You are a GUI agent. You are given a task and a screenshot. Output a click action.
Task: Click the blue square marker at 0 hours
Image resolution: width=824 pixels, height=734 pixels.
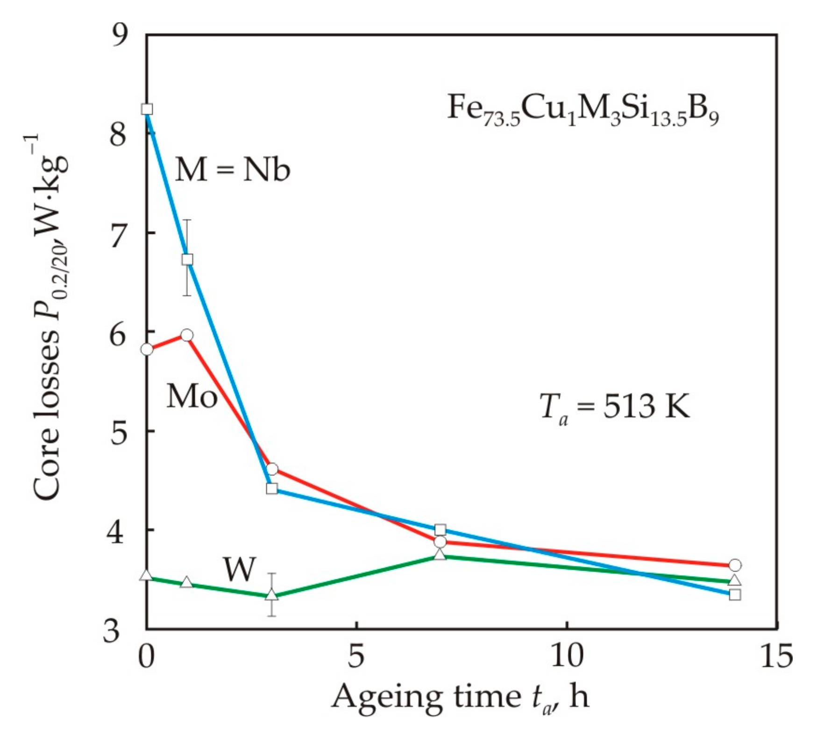(147, 109)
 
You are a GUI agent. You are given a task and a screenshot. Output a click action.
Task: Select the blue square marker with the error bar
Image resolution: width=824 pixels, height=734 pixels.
(187, 260)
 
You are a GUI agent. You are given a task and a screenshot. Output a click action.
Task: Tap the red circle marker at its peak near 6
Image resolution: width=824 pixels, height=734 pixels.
(187, 335)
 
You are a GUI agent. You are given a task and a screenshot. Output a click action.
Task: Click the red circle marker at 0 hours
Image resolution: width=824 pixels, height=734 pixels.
(147, 349)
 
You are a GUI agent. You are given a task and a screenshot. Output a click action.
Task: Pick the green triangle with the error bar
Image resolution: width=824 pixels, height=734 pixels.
(272, 595)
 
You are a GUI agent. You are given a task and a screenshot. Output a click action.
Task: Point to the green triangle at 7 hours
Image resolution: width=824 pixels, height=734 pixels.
(440, 555)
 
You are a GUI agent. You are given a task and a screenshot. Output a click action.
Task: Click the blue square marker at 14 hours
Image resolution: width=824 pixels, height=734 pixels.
(735, 594)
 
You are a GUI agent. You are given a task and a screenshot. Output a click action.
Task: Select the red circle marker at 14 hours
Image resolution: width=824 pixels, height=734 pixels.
(735, 565)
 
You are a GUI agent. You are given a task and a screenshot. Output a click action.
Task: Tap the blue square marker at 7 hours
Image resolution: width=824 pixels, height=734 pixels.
(440, 530)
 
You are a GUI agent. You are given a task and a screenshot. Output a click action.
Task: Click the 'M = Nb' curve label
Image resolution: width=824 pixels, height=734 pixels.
(232, 169)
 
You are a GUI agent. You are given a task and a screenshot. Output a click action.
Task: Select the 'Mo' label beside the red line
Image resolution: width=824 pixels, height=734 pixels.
(192, 396)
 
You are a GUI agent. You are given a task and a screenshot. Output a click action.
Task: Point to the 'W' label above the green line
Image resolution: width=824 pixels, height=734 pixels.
(240, 569)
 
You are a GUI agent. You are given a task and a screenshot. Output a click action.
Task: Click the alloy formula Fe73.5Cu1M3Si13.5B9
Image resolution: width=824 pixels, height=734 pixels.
(582, 110)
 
